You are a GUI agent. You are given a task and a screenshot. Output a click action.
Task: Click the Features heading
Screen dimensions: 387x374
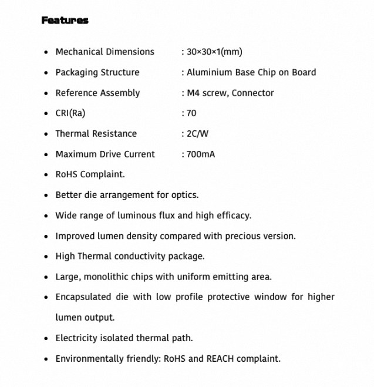[65, 21]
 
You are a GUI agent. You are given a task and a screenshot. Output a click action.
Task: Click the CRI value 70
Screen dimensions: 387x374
[191, 113]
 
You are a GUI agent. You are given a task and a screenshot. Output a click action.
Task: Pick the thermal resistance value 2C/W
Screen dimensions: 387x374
[197, 134]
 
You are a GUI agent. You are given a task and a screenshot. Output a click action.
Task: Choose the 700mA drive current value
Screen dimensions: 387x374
[201, 154]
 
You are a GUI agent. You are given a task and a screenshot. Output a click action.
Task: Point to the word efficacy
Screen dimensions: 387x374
[233, 216]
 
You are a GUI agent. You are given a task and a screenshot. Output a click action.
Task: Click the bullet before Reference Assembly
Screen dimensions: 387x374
[46, 93]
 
